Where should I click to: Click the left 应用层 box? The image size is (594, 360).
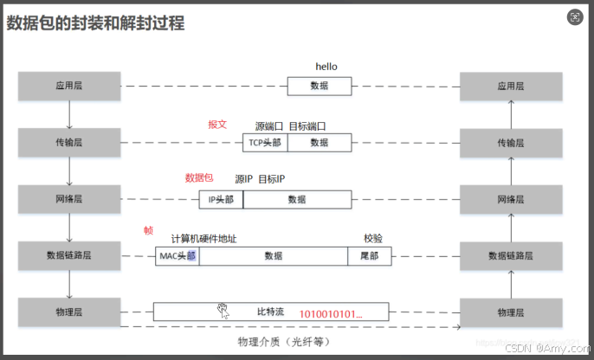pos(68,86)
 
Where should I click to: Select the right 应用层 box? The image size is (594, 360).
pos(511,86)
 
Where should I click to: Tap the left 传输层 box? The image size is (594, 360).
pos(68,141)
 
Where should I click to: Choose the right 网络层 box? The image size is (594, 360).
pos(511,199)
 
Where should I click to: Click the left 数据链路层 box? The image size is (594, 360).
pos(68,255)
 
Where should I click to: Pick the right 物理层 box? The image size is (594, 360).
pos(511,311)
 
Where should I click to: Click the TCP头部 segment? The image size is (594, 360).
pos(265,143)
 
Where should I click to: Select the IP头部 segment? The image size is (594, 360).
pos(221,200)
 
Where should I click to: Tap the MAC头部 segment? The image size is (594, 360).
pos(178,256)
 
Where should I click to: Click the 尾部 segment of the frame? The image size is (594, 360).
pos(369,256)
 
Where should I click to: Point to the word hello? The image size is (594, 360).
pos(326,67)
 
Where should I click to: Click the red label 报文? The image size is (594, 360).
pos(217,124)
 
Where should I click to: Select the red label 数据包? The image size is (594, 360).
pos(198,178)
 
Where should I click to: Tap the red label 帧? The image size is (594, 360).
pos(148,231)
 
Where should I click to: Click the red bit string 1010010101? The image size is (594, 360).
pos(332,312)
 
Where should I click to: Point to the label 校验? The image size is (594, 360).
pos(373,238)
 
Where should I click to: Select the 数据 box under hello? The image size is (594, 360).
pos(320,86)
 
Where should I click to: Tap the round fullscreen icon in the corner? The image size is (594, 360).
pos(575,16)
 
